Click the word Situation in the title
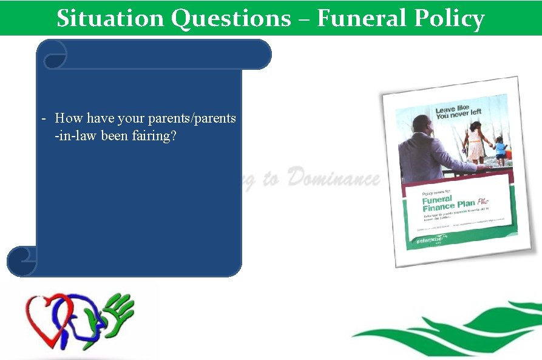tap(111, 18)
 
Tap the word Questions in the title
tap(231, 18)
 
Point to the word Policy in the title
tap(450, 18)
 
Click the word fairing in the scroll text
tap(154, 135)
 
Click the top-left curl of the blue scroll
tap(53, 54)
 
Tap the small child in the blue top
tap(500, 150)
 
